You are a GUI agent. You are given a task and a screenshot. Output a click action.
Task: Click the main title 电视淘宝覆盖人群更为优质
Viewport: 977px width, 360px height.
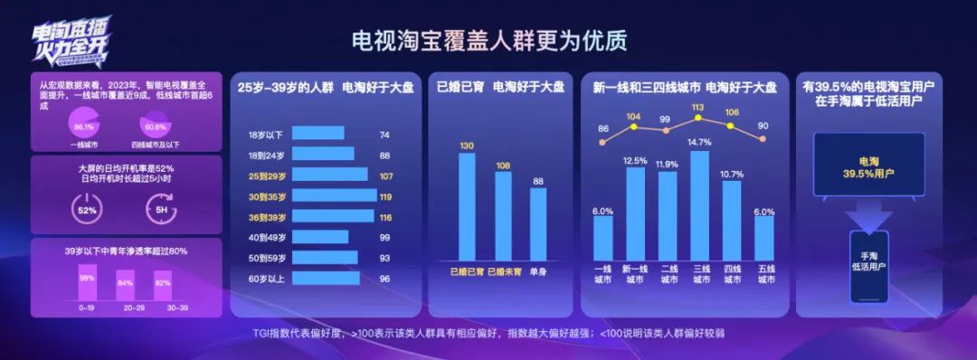[x=488, y=42]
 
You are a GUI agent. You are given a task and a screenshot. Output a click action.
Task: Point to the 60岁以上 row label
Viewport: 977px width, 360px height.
[x=267, y=279]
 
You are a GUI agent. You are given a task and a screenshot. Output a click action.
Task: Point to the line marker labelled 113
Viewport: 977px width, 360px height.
[x=698, y=118]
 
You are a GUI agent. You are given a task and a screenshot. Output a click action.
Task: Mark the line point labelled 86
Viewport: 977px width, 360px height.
[x=603, y=141]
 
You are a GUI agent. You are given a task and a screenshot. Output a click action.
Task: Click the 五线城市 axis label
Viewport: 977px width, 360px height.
[x=765, y=274]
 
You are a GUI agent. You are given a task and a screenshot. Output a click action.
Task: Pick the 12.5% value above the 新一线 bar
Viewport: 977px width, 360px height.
[x=635, y=161]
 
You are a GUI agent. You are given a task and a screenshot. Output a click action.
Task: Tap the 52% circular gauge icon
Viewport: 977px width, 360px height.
[x=87, y=210]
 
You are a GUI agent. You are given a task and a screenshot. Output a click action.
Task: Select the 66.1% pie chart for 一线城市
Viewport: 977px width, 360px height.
[x=84, y=127]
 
